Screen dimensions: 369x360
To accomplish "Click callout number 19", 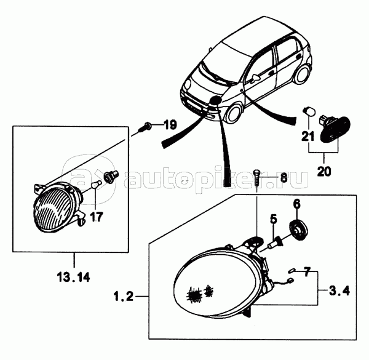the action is pyautogui.click(x=170, y=124).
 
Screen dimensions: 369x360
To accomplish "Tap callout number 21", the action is pyautogui.click(x=308, y=136).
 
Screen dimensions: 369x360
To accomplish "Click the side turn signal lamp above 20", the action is pyautogui.click(x=335, y=129).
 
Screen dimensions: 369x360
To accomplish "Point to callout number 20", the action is pyautogui.click(x=324, y=171).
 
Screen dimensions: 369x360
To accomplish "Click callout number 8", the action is pyautogui.click(x=284, y=177).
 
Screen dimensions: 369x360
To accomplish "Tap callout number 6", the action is pyautogui.click(x=297, y=204).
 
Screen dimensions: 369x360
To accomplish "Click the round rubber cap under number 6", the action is pyautogui.click(x=298, y=230).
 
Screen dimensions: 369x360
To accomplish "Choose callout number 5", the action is pyautogui.click(x=273, y=219).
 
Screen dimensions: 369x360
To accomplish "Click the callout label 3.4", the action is pyautogui.click(x=339, y=290).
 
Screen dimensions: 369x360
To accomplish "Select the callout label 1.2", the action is pyautogui.click(x=124, y=296).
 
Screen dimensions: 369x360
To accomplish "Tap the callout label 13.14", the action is pyautogui.click(x=73, y=278).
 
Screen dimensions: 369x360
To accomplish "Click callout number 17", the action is pyautogui.click(x=97, y=217).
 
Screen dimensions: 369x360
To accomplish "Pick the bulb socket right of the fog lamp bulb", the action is pyautogui.click(x=111, y=177).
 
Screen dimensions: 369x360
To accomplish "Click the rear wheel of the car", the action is pyautogui.click(x=301, y=74).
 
